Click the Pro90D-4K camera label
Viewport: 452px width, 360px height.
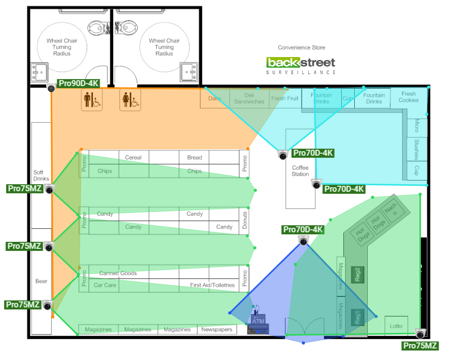click(x=79, y=83)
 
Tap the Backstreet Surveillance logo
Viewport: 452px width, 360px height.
click(x=301, y=65)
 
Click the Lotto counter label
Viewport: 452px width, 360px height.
click(x=396, y=326)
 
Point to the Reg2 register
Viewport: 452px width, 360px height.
click(x=358, y=275)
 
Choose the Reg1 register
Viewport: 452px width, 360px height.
click(x=358, y=317)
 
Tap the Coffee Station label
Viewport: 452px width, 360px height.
click(x=300, y=171)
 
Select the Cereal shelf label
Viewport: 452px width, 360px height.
click(x=133, y=157)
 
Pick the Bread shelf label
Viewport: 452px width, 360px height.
click(x=194, y=157)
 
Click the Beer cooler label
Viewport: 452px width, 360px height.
click(x=41, y=281)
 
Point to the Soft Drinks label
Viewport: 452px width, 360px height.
click(x=41, y=175)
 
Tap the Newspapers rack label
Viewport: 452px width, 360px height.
click(x=216, y=329)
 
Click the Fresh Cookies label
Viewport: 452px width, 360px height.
click(x=408, y=97)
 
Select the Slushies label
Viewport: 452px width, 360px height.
click(x=416, y=149)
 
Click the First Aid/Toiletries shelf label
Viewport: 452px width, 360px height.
click(x=212, y=285)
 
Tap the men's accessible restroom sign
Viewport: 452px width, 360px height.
click(x=92, y=100)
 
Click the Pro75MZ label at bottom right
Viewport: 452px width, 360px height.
click(x=420, y=345)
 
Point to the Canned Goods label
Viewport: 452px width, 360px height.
click(x=118, y=273)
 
